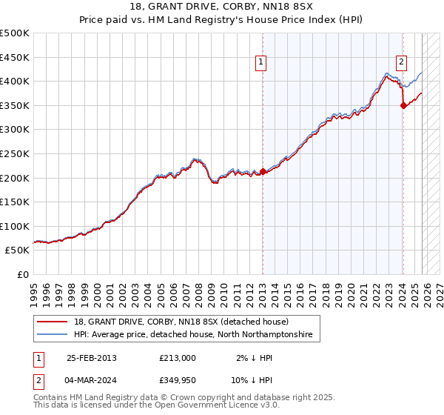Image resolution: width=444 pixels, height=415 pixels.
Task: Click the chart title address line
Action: [222, 7]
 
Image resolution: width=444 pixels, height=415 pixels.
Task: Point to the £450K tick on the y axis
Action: [15, 57]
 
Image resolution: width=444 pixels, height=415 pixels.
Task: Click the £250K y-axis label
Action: [15, 153]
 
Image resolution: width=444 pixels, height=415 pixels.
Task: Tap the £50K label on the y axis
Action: [18, 250]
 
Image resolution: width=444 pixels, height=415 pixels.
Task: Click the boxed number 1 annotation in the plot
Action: [262, 63]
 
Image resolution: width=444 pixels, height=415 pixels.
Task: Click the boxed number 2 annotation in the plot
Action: [401, 63]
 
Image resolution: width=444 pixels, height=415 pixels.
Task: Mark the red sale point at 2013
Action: [263, 171]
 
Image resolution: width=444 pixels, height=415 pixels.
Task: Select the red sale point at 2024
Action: [403, 105]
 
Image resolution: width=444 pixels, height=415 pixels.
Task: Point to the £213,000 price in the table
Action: [178, 358]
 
